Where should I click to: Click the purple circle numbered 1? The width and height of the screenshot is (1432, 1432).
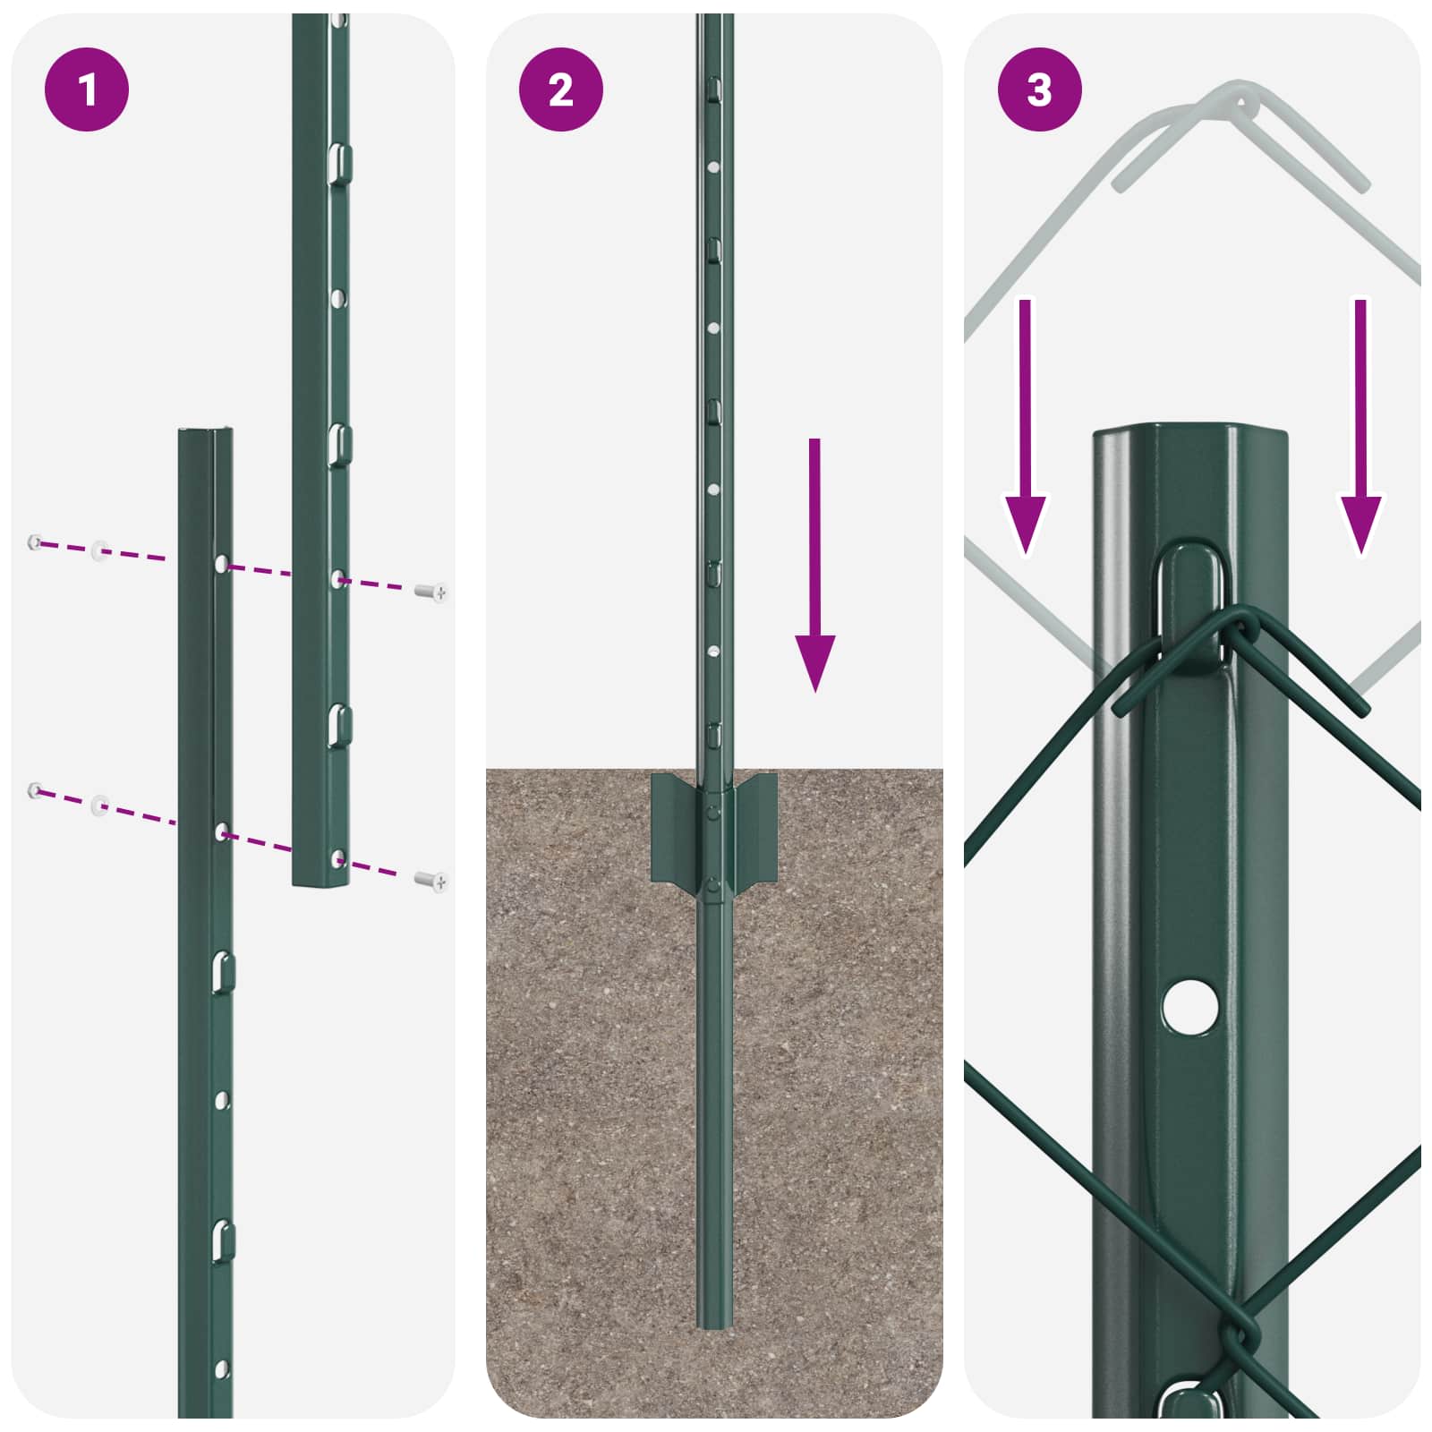tap(87, 89)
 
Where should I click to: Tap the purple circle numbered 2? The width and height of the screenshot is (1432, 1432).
tap(561, 89)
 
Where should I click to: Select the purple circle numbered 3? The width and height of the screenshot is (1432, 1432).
tap(1039, 89)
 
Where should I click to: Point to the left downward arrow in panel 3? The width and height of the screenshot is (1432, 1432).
tap(1025, 430)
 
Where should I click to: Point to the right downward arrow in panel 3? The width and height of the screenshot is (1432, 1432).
tap(1360, 430)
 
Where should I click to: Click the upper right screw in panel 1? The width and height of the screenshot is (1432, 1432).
tap(432, 592)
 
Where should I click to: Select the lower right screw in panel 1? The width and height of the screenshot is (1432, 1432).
tap(432, 882)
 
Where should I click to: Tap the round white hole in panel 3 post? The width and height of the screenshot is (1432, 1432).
tap(1190, 1006)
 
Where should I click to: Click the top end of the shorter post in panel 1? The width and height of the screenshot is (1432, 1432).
tap(206, 433)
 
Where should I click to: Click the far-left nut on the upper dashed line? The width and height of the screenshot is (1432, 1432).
tap(35, 541)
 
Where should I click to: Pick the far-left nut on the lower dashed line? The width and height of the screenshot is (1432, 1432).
tap(35, 789)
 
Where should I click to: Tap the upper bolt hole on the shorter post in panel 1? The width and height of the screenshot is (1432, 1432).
tap(221, 564)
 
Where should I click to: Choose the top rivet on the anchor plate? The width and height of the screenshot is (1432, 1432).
tap(713, 812)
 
